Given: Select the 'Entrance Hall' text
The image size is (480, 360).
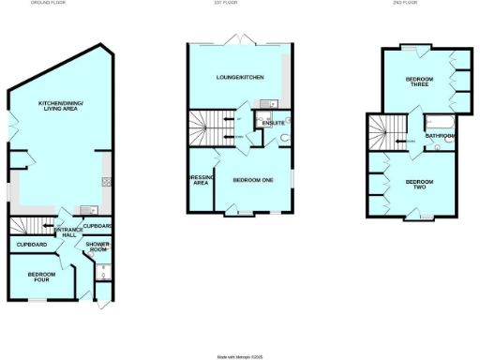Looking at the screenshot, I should click(x=67, y=232).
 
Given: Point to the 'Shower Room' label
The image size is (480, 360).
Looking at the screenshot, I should click(x=98, y=248).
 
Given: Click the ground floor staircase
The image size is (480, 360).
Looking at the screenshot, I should click(x=27, y=227).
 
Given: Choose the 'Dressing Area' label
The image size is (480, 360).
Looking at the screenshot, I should click(x=200, y=180).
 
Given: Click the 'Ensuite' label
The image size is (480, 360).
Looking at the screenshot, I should click(x=274, y=123).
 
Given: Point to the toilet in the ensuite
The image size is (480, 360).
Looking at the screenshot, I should click(x=284, y=141).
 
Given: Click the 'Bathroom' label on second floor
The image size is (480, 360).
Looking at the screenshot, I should click(x=440, y=137).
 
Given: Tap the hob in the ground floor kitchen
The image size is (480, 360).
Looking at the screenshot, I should click(x=108, y=181).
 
